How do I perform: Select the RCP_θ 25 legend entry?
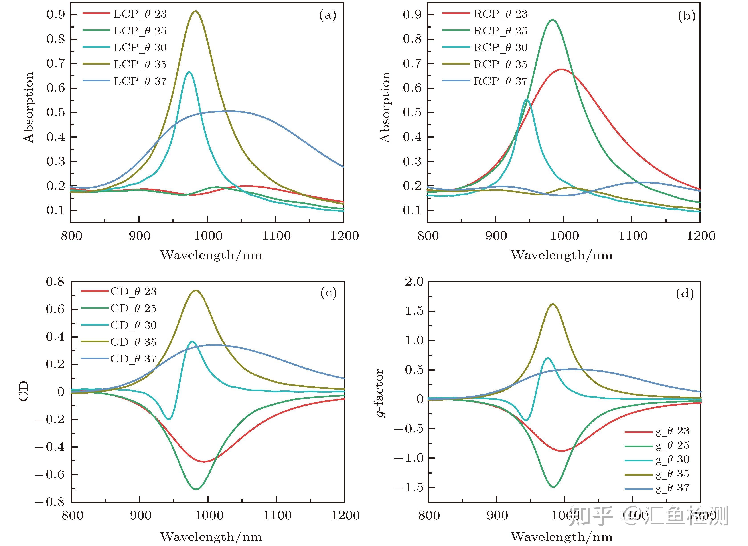[501, 31]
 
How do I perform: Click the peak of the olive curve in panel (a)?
[196, 11]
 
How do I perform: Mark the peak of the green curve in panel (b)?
[552, 20]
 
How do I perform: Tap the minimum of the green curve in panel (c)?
[196, 489]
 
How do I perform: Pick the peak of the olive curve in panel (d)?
[553, 304]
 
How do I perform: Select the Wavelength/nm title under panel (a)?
[211, 255]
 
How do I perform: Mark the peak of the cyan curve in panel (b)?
[527, 100]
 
